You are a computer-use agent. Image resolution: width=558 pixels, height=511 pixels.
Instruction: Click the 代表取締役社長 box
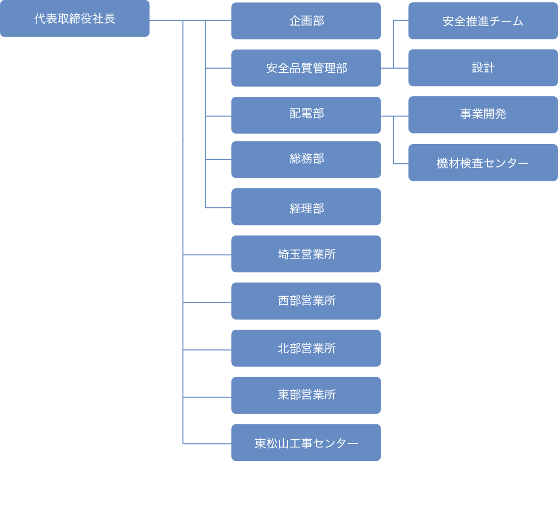pyautogui.click(x=74, y=19)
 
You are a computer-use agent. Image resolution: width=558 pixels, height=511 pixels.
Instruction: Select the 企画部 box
pyautogui.click(x=306, y=21)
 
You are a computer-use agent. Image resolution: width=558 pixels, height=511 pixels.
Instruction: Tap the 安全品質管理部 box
pyautogui.click(x=306, y=68)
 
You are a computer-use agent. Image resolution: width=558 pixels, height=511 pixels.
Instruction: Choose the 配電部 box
pyautogui.click(x=306, y=115)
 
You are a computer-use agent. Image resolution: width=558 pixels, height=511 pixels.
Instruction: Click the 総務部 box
pyautogui.click(x=306, y=160)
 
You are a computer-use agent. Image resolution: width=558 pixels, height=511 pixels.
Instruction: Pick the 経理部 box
pyautogui.click(x=306, y=207)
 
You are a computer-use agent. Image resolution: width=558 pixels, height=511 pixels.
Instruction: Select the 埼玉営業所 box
pyautogui.click(x=306, y=254)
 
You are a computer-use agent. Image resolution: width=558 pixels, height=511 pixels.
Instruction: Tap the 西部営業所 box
pyautogui.click(x=306, y=301)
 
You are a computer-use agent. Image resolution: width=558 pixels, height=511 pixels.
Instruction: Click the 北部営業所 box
pyautogui.click(x=306, y=349)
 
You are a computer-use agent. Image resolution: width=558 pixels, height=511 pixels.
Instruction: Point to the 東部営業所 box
pyautogui.click(x=306, y=396)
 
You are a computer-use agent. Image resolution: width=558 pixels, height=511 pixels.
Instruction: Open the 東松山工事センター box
pyautogui.click(x=306, y=443)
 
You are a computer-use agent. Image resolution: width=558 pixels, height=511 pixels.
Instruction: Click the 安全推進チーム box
pyautogui.click(x=483, y=21)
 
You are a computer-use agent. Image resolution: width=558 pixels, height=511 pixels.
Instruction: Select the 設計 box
pyautogui.click(x=483, y=68)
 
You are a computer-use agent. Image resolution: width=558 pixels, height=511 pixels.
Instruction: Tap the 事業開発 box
pyautogui.click(x=483, y=115)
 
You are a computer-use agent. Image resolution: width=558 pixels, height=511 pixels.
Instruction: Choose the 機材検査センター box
pyautogui.click(x=483, y=163)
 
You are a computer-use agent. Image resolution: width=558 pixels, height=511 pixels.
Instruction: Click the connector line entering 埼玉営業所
pyautogui.click(x=207, y=255)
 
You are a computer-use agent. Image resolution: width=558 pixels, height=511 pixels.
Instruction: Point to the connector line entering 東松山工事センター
pyautogui.click(x=207, y=443)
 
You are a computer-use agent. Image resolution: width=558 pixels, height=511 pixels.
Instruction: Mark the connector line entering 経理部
pyautogui.click(x=218, y=207)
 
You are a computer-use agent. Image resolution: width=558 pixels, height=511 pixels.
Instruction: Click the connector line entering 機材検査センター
pyautogui.click(x=401, y=163)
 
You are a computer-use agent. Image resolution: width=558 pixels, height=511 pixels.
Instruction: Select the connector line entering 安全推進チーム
pyautogui.click(x=401, y=21)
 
